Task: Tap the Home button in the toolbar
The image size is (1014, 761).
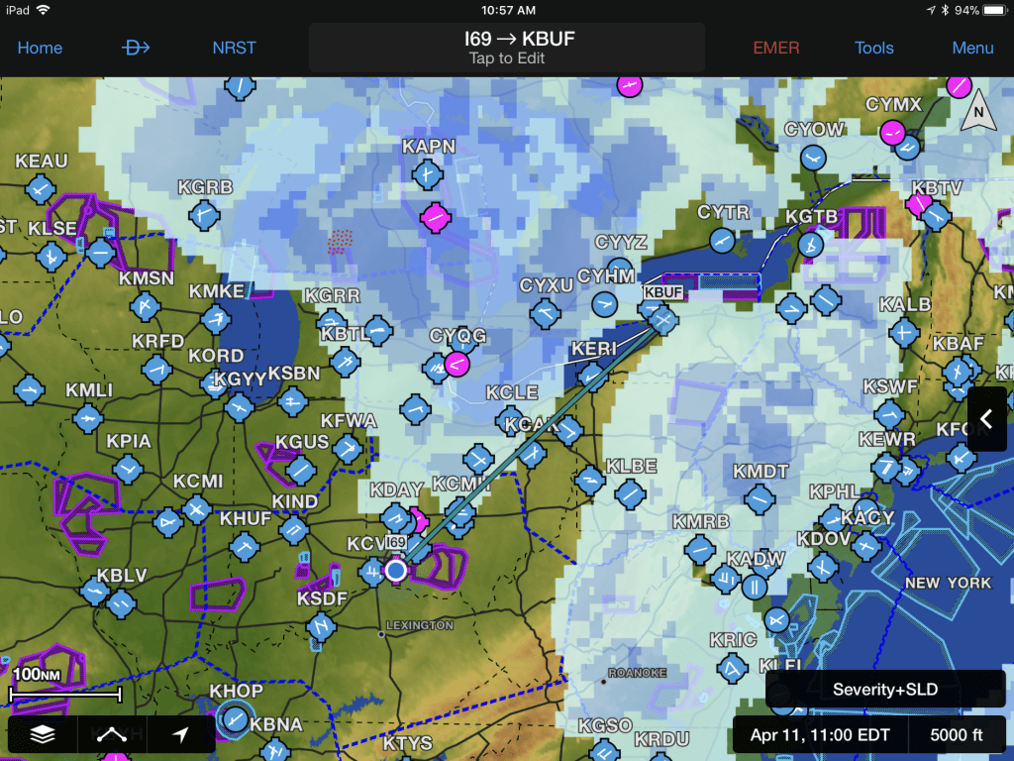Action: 40,48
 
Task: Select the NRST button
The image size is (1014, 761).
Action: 233,48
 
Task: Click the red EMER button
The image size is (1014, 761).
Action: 775,48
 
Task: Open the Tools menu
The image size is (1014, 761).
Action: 874,48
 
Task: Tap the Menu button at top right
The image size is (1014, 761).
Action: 972,48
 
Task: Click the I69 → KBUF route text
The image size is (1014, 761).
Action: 506,40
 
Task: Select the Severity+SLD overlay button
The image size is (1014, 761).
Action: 884,690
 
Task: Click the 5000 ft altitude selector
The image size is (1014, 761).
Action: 957,735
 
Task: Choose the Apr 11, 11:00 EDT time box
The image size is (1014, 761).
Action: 819,735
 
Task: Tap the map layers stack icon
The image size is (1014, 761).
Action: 42,734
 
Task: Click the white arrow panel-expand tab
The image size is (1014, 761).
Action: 986,419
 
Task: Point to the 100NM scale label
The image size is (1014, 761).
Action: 36,675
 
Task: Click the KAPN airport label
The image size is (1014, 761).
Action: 429,147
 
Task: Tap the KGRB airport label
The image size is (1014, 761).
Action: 205,186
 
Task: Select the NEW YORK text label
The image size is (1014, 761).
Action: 948,583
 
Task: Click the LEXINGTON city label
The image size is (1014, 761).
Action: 419,625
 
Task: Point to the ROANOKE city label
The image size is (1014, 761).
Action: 638,673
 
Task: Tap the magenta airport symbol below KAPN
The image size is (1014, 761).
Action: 434,217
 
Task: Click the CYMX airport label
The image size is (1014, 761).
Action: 893,104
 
